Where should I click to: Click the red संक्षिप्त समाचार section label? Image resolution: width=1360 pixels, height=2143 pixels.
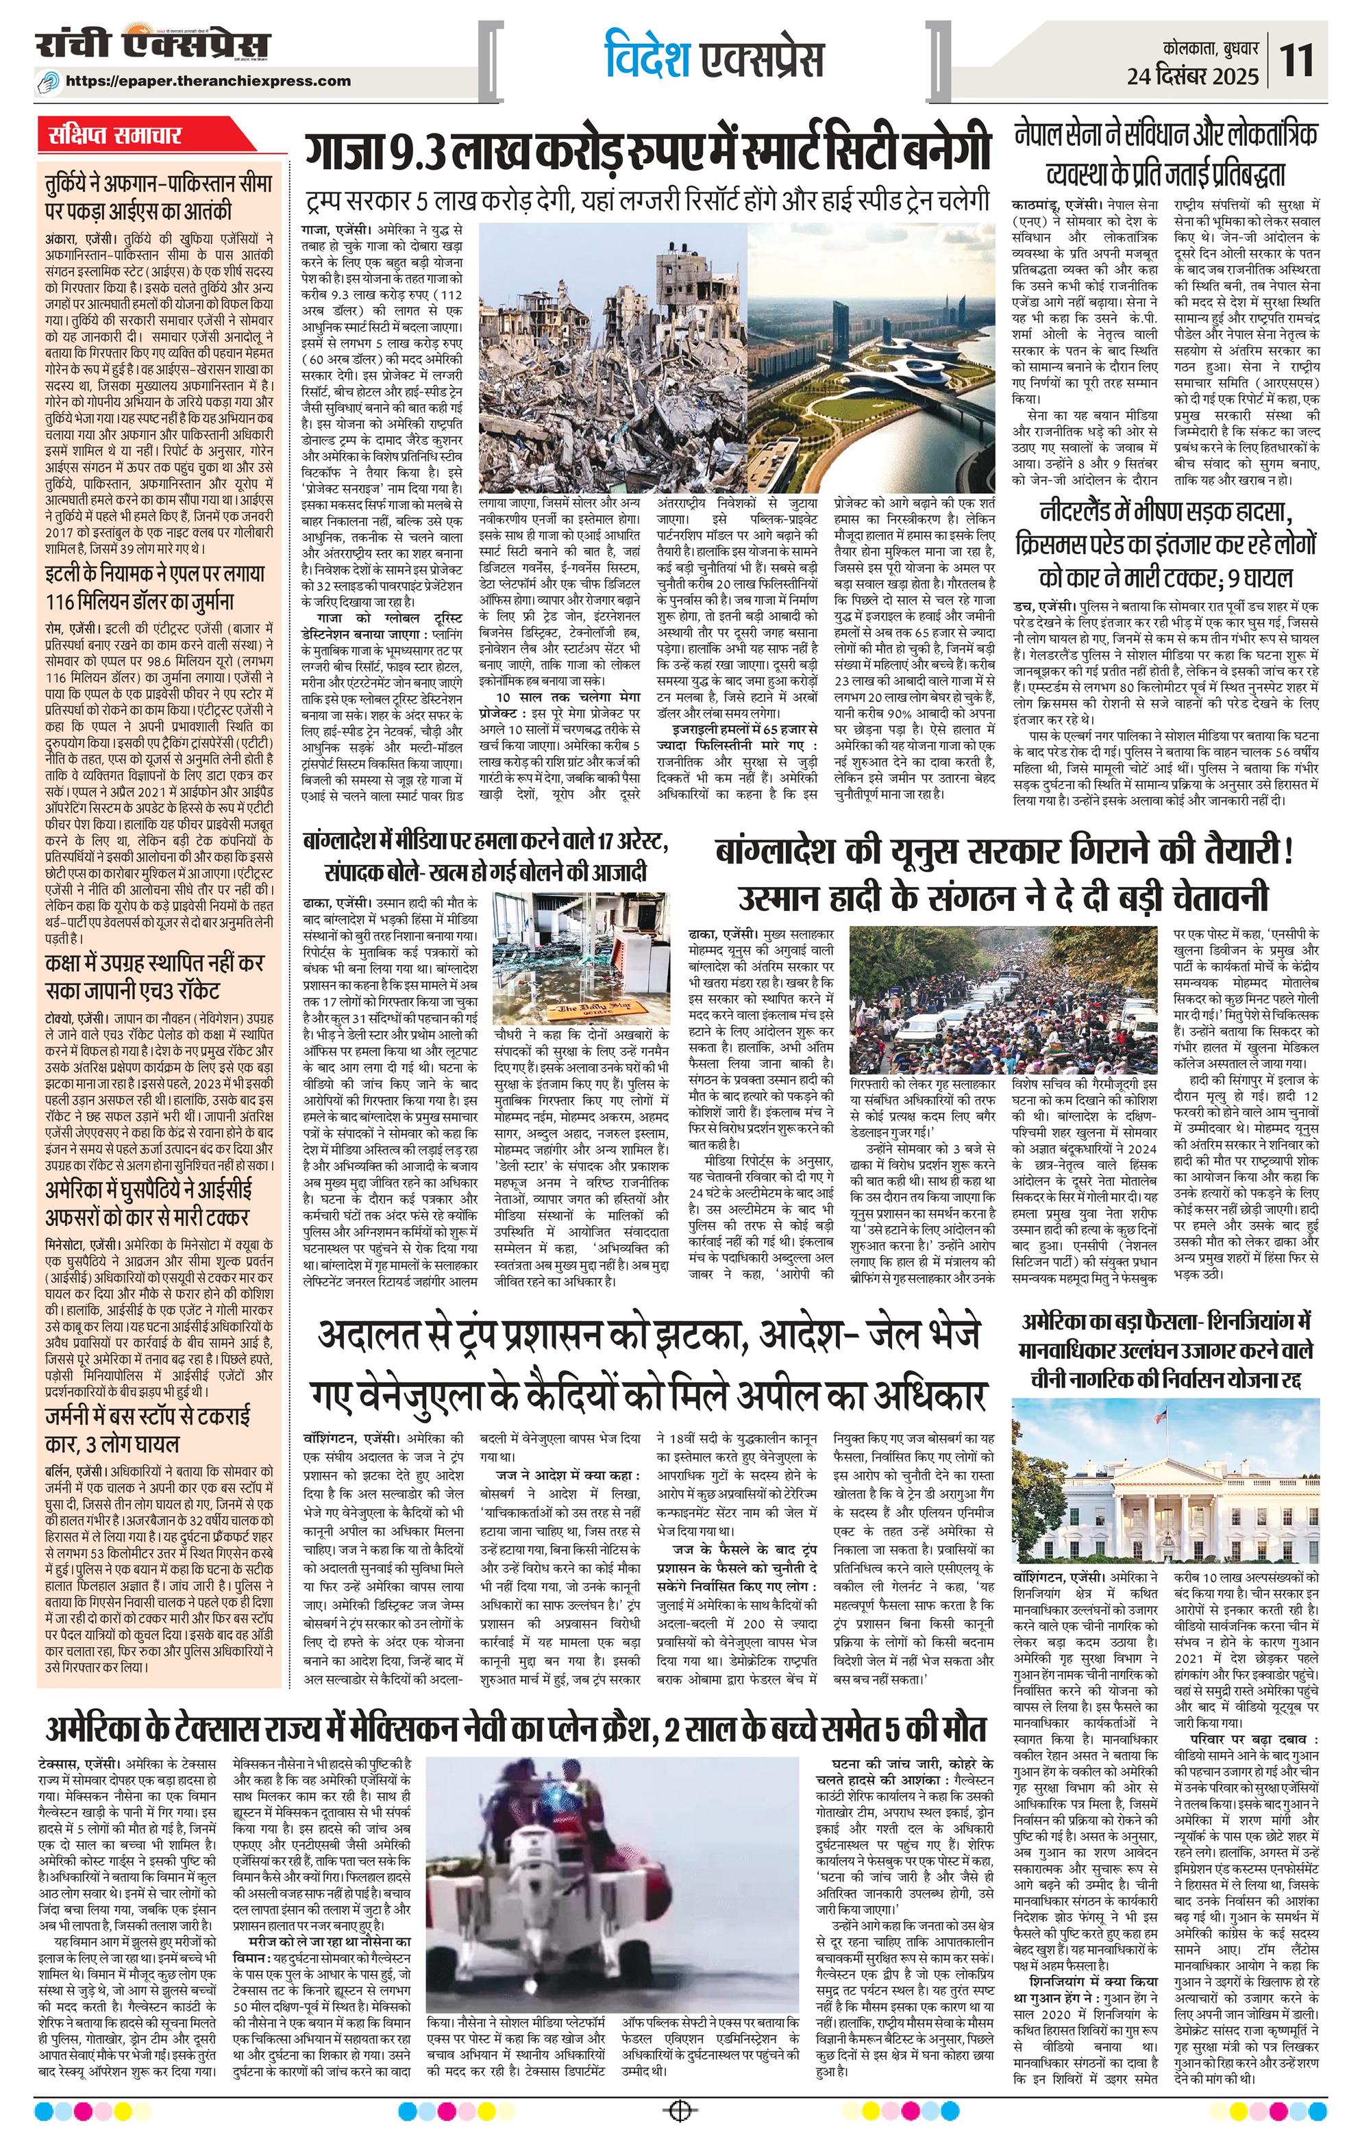tap(116, 136)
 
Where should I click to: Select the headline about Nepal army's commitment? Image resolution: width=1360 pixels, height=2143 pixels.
tap(1165, 152)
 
